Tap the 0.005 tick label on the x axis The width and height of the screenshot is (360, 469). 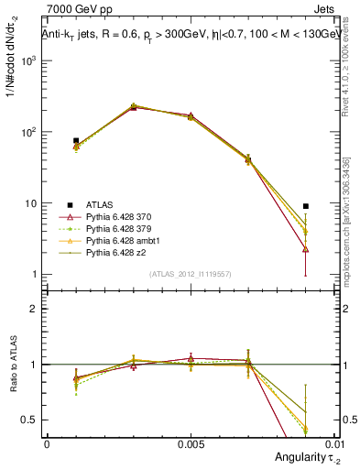coord(190,442)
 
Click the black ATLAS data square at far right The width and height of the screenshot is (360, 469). coord(305,206)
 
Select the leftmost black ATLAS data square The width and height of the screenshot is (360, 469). coord(76,141)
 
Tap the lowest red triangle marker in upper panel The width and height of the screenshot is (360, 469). coord(305,249)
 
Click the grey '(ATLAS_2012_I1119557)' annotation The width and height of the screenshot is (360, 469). coord(190,275)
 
